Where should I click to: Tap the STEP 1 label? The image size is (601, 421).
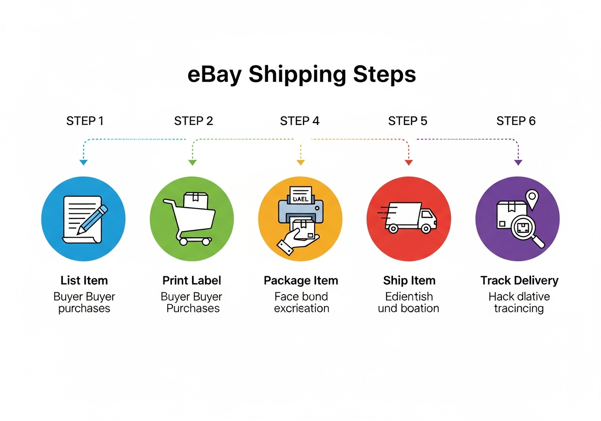pyautogui.click(x=85, y=121)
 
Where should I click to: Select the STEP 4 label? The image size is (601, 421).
pyautogui.click(x=300, y=121)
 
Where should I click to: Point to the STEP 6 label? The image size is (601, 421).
pyautogui.click(x=516, y=121)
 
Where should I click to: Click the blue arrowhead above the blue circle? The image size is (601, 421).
pyautogui.click(x=84, y=163)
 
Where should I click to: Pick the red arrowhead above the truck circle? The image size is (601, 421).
pyautogui.click(x=408, y=163)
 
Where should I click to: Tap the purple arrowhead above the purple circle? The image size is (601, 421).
pyautogui.click(x=518, y=163)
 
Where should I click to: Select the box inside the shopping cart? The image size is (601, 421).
pyautogui.click(x=196, y=201)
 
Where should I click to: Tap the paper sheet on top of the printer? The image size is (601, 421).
pyautogui.click(x=300, y=195)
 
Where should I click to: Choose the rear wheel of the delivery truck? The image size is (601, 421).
pyautogui.click(x=393, y=229)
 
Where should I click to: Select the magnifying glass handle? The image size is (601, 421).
pyautogui.click(x=538, y=242)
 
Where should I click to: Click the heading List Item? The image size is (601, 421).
pyautogui.click(x=84, y=281)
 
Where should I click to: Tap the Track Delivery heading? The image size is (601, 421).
pyautogui.click(x=519, y=281)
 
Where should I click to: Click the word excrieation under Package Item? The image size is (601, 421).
pyautogui.click(x=301, y=308)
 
